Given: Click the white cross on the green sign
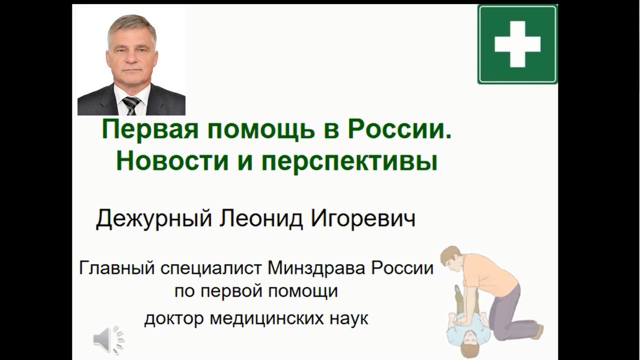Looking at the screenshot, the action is click(517, 44).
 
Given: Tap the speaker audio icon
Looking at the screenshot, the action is click(109, 339).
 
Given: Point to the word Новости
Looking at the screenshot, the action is click(172, 161).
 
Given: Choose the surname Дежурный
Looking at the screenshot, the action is click(153, 219).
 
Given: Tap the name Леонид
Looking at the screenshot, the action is click(261, 219).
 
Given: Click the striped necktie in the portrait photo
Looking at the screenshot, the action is click(131, 105).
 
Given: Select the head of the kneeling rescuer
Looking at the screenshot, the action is click(450, 258).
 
